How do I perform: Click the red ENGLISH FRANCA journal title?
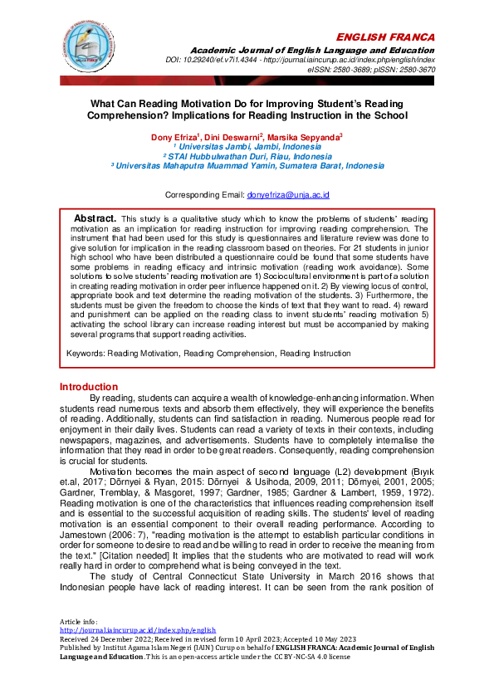386,38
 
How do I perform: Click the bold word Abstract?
94,216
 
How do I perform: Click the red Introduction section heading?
89,387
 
